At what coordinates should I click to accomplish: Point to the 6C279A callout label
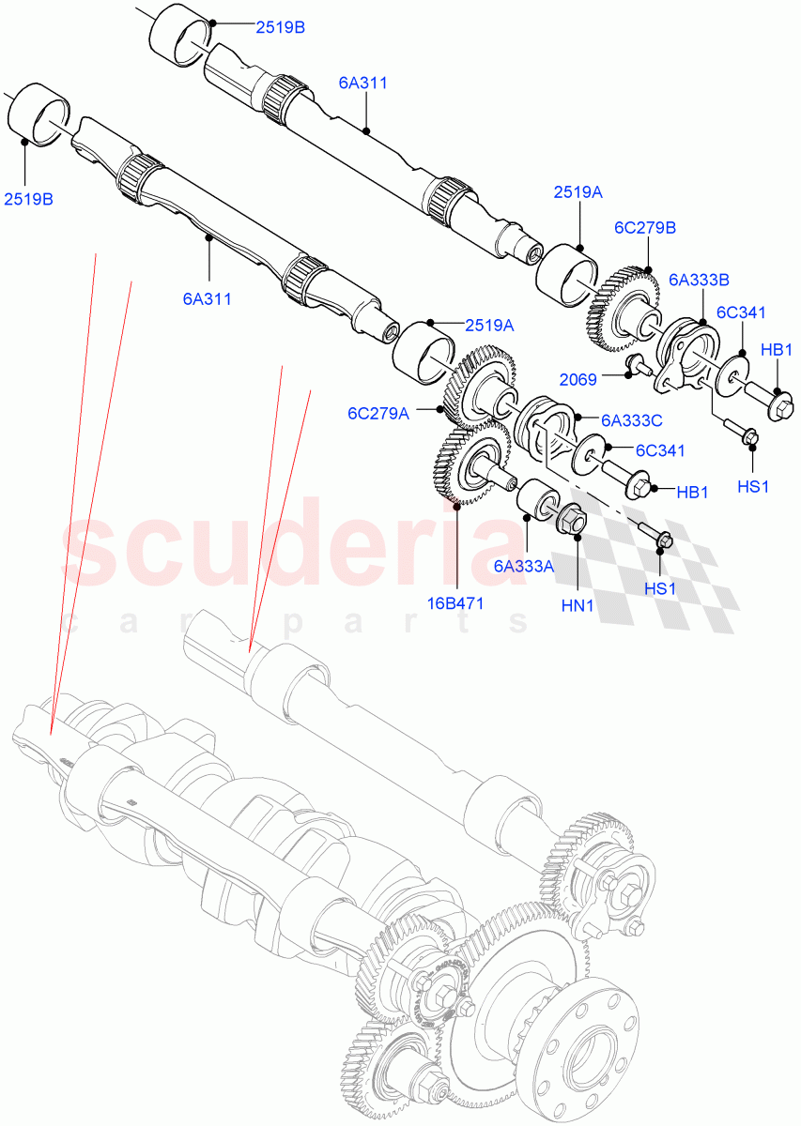click(x=378, y=412)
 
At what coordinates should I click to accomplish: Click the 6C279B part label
click(x=645, y=227)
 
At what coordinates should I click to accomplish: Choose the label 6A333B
click(x=700, y=279)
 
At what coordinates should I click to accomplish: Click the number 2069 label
click(x=577, y=379)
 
